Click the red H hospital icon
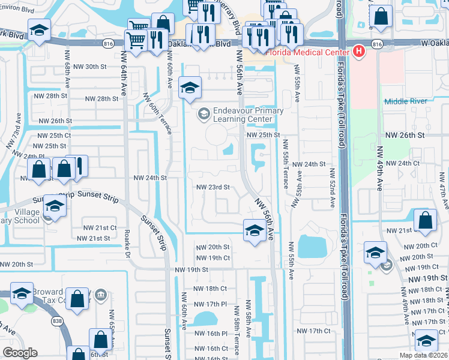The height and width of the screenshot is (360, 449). (359, 52)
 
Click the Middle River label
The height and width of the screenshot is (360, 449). (404, 101)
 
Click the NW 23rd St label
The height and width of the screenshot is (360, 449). (214, 187)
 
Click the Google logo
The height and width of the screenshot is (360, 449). (20, 353)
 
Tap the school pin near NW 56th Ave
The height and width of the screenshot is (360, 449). (255, 231)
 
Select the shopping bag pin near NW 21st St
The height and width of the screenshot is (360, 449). (425, 220)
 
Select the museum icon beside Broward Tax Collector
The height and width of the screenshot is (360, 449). (100, 295)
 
